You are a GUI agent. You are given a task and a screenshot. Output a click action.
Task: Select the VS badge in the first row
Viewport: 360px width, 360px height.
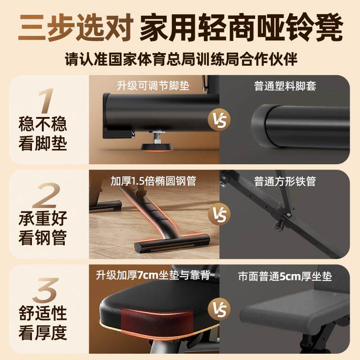coord(219,119)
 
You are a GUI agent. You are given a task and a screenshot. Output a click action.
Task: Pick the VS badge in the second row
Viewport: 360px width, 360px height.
coord(219,213)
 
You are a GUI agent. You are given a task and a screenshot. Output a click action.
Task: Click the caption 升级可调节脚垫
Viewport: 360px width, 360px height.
coord(154,85)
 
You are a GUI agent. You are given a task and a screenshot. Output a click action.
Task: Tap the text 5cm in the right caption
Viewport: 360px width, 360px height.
coord(290,276)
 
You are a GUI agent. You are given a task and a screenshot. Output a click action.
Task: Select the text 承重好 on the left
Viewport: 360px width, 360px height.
coord(43,219)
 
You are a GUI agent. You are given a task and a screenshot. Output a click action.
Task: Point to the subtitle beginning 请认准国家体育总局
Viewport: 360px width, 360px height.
coord(180,59)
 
